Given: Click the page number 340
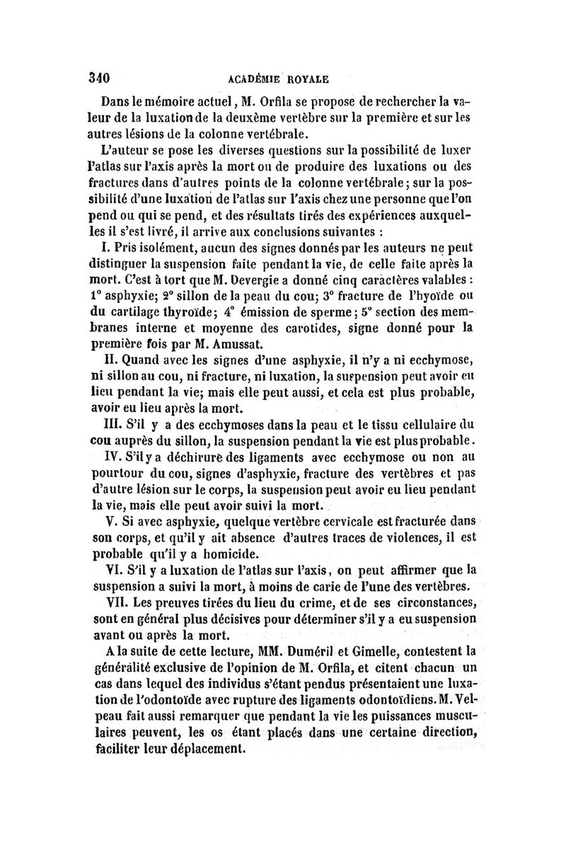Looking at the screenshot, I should pyautogui.click(x=103, y=76).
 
